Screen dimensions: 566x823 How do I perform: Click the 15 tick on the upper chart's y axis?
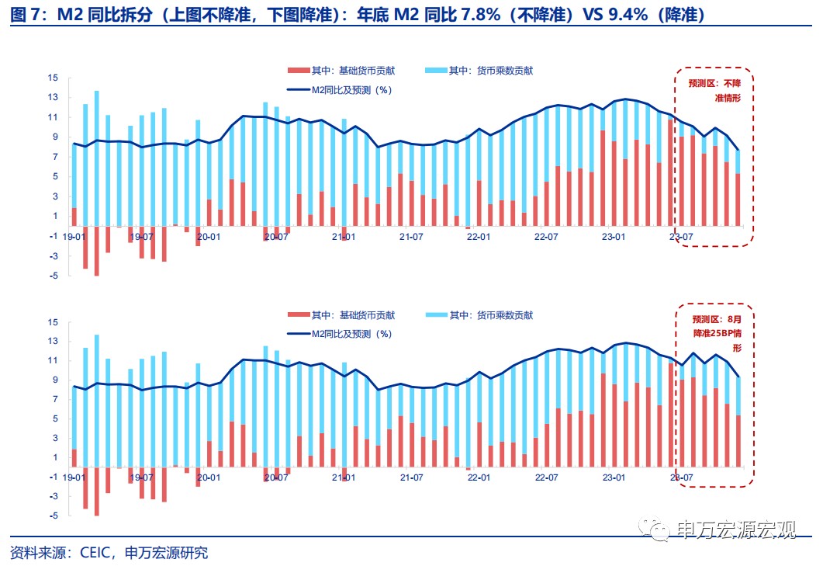click(53, 78)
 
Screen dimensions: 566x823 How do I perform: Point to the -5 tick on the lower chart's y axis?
click(53, 516)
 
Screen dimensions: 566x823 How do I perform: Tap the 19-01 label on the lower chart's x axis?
click(74, 478)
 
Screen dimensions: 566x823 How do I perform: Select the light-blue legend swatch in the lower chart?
click(437, 315)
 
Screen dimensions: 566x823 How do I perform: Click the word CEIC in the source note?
click(95, 553)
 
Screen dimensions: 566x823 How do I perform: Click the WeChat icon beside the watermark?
click(659, 530)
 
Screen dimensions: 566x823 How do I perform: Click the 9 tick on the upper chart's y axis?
click(53, 137)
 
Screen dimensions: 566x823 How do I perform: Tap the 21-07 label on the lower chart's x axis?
click(412, 478)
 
